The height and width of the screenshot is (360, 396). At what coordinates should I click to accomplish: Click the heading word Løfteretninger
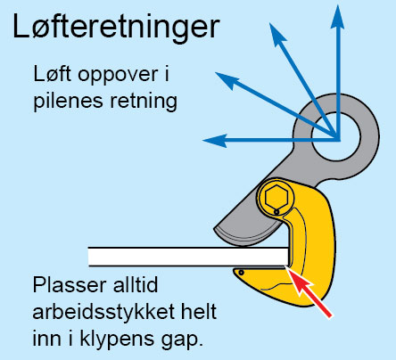point(116,27)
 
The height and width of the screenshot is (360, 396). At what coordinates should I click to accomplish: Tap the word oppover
point(118,76)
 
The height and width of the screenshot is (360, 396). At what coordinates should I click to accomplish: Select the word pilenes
point(69,102)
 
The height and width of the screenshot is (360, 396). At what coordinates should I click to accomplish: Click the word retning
point(144,102)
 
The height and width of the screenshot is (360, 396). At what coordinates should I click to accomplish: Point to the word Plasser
point(70,285)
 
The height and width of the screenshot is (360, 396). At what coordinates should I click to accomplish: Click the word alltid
point(136,284)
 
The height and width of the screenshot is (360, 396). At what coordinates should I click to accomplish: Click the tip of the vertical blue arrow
point(338,4)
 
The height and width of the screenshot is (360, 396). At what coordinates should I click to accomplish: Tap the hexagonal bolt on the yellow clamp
point(276,197)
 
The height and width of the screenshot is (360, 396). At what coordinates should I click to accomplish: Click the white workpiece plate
point(188,257)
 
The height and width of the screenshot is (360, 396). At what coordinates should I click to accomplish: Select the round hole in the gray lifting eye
point(336,137)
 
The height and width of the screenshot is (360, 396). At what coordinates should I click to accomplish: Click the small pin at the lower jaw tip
point(241,273)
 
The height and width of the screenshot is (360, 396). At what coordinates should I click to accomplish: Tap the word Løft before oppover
point(53,74)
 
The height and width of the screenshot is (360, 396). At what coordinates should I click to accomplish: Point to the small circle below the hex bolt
point(276,212)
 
